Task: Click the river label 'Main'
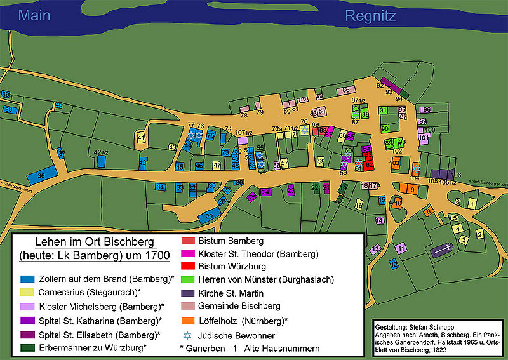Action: pos(34,15)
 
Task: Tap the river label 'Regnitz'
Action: pos(371,16)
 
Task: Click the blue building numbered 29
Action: pos(209,218)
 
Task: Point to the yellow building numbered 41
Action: pos(141,138)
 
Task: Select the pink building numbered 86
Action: pos(345,91)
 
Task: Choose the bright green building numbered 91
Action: pos(383,110)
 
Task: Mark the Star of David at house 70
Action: pos(305,130)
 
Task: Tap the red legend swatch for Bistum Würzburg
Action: pos(188,266)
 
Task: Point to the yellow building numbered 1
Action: pos(472,204)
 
